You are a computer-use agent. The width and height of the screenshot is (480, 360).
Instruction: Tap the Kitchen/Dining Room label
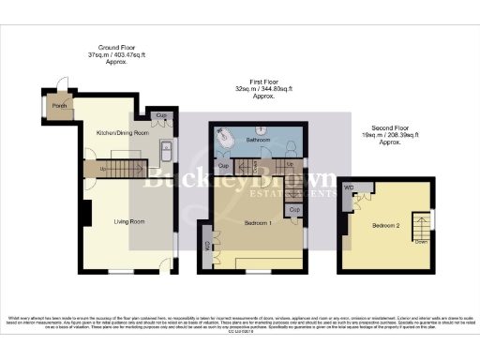(x=123, y=133)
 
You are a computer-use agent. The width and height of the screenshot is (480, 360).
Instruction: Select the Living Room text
(x=128, y=221)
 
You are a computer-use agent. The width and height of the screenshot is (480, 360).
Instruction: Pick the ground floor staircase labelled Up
(x=116, y=169)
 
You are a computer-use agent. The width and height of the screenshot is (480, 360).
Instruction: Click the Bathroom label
(x=257, y=140)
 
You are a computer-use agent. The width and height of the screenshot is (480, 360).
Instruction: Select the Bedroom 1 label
(x=258, y=223)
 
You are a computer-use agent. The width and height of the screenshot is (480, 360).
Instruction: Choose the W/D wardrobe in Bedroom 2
(x=350, y=188)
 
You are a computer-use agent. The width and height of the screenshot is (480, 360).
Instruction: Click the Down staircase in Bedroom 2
(x=422, y=228)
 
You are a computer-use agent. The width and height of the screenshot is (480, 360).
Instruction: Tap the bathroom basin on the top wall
(x=259, y=127)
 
